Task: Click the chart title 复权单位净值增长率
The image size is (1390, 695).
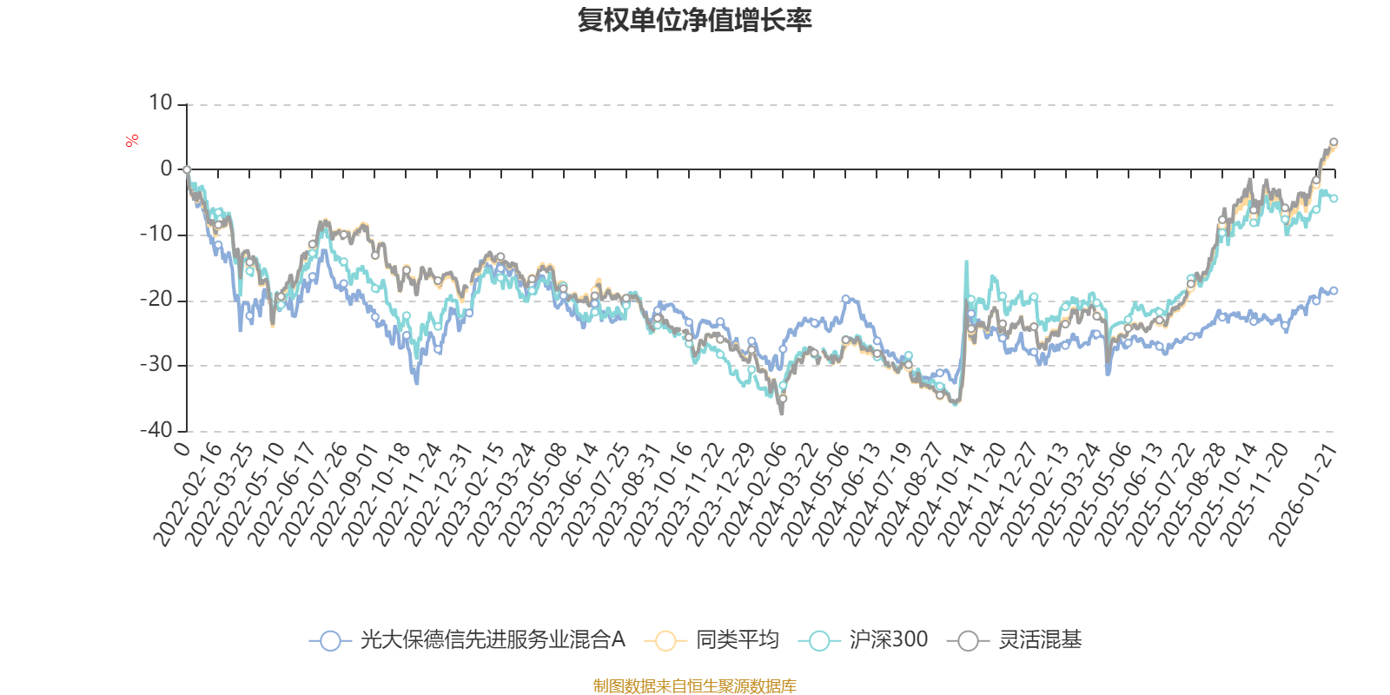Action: pyautogui.click(x=694, y=20)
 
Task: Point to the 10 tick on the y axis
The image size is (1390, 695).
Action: pyautogui.click(x=161, y=103)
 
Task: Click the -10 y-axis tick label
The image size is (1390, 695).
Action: pyautogui.click(x=156, y=235)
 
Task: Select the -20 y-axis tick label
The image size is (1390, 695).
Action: pyautogui.click(x=156, y=300)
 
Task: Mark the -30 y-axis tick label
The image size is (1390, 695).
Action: pyautogui.click(x=156, y=365)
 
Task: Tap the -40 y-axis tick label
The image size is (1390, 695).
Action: pyautogui.click(x=156, y=430)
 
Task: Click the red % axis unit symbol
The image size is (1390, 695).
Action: pyautogui.click(x=132, y=140)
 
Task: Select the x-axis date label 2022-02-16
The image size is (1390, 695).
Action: pyautogui.click(x=187, y=495)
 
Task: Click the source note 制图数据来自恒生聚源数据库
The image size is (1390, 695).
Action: pyautogui.click(x=694, y=686)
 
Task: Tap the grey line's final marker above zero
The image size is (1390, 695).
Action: pyautogui.click(x=1334, y=142)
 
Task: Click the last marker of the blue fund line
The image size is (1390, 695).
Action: pyautogui.click(x=1334, y=290)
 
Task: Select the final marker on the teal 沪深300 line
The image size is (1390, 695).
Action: pyautogui.click(x=1334, y=198)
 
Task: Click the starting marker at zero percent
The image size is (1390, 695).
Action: pyautogui.click(x=187, y=169)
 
